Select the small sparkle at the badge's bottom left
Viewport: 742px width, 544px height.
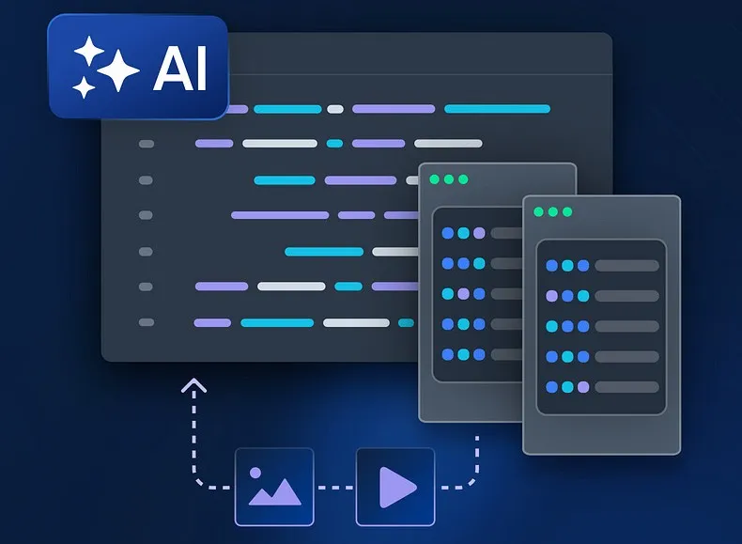85,88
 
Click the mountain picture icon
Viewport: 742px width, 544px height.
274,487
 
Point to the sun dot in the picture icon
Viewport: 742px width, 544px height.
256,474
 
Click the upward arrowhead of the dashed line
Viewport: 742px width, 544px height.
193,384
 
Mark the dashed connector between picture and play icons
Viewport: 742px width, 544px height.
334,487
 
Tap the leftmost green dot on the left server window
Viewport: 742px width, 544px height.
434,179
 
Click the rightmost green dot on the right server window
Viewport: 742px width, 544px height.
567,212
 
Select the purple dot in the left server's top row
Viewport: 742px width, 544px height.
479,233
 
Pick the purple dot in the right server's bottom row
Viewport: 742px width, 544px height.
583,386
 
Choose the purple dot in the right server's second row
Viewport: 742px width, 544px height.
552,296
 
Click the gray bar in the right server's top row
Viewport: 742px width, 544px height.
626,266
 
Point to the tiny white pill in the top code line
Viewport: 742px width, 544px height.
335,109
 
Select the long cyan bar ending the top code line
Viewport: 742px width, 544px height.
497,109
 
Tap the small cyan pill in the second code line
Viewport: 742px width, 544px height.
334,144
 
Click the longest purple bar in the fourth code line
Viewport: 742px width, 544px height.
280,215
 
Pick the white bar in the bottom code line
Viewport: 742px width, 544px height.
356,322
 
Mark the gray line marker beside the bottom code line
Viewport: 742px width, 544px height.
146,322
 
